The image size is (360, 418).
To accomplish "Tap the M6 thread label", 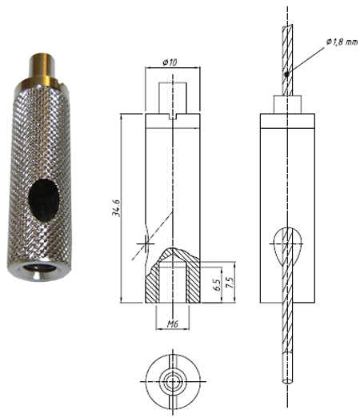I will (173, 324).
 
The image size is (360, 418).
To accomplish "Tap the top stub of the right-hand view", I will (288, 105).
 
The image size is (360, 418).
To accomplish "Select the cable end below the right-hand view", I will (288, 368).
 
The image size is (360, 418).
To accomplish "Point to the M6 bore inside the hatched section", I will (173, 280).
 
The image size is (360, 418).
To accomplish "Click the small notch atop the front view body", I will (173, 117).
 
